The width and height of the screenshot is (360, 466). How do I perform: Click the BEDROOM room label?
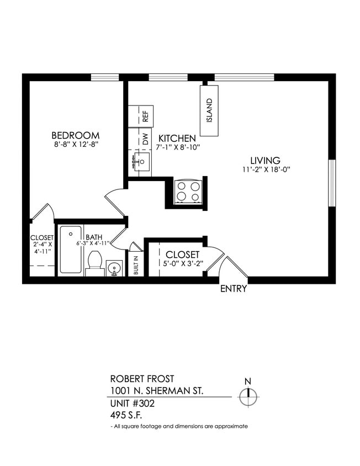click(x=75, y=135)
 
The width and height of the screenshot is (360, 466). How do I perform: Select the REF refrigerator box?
click(x=145, y=116)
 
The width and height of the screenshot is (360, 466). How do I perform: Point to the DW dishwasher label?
click(x=145, y=139)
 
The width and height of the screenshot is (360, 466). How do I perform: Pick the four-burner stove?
click(x=187, y=192)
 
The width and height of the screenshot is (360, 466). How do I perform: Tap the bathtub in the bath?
click(x=71, y=250)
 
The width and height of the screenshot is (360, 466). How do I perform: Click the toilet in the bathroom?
click(x=95, y=262)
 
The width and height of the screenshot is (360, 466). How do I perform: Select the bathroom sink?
click(x=114, y=269)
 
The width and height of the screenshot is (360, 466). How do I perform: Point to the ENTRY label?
click(x=234, y=289)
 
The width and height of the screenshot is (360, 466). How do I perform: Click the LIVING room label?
click(x=264, y=160)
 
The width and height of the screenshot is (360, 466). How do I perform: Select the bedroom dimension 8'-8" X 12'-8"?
click(x=76, y=145)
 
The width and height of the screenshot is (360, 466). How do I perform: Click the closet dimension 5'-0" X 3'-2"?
click(x=183, y=264)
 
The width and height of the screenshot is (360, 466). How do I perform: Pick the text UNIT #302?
click(x=133, y=404)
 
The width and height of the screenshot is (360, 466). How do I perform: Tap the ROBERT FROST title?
click(x=142, y=379)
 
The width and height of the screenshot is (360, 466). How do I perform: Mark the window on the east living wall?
click(x=331, y=183)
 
